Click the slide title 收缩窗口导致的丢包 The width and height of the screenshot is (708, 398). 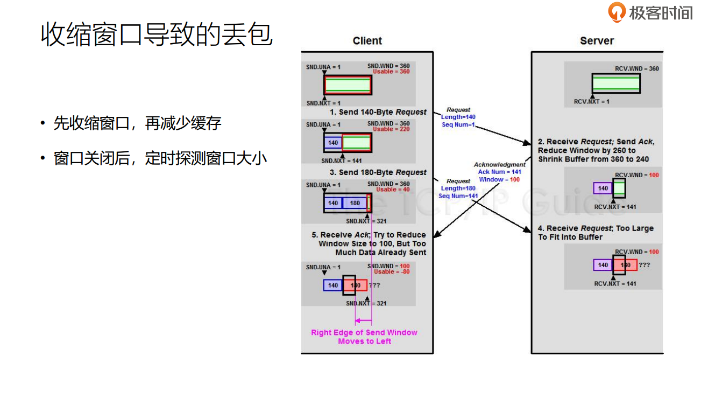click(157, 34)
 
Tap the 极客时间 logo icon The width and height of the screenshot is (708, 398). click(617, 12)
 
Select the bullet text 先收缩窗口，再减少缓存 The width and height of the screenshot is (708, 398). click(137, 123)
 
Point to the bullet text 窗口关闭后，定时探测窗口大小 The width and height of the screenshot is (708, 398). click(160, 158)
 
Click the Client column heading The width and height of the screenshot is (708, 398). click(367, 41)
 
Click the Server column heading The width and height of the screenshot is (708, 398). click(597, 41)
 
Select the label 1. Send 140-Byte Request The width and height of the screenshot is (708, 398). click(378, 112)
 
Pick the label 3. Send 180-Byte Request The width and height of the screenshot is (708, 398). click(378, 172)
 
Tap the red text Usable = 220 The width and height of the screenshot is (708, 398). click(391, 129)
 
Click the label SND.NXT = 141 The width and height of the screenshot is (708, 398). click(342, 160)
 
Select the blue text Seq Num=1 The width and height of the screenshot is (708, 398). click(458, 124)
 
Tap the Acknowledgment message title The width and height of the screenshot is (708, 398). click(499, 165)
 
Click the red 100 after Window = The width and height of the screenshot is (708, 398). click(515, 179)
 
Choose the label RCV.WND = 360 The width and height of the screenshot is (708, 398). click(637, 69)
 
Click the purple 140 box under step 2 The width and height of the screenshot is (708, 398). click(603, 188)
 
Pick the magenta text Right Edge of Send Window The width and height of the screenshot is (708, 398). click(364, 332)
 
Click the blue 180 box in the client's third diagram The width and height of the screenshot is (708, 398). click(355, 203)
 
